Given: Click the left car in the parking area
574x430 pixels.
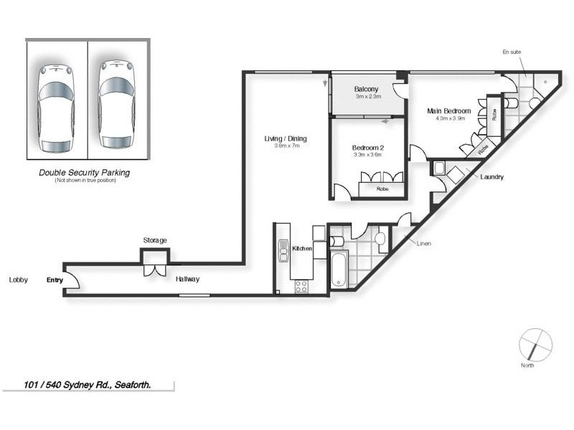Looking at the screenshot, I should coord(56,107).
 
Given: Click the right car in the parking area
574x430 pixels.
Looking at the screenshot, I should coord(117,104).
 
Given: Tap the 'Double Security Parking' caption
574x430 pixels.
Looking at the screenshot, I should coord(85,173).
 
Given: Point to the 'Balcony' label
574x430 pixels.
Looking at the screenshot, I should coord(366,89).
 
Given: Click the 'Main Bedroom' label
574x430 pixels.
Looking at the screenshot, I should coord(448,111).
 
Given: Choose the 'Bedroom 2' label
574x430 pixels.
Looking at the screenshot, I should coord(367,147).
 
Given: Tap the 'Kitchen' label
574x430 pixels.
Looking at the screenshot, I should coord(302,248).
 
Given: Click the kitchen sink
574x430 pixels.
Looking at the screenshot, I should coord(283,246).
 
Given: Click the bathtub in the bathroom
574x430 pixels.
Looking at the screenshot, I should coord(339,269).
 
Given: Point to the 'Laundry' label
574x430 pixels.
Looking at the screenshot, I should coord(492,177).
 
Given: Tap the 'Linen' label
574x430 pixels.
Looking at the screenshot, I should coord(423,243).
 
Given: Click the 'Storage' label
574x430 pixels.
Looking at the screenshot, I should coord(155,240).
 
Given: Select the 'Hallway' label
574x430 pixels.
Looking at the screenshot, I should coord(187,279).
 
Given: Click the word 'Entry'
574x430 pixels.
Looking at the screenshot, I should coord(55,280).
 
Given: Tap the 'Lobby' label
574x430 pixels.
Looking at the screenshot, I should coord(18,280).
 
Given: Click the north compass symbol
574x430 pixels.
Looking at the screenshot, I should coord(534,345).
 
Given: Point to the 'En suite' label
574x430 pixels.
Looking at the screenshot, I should coord(514,53).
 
